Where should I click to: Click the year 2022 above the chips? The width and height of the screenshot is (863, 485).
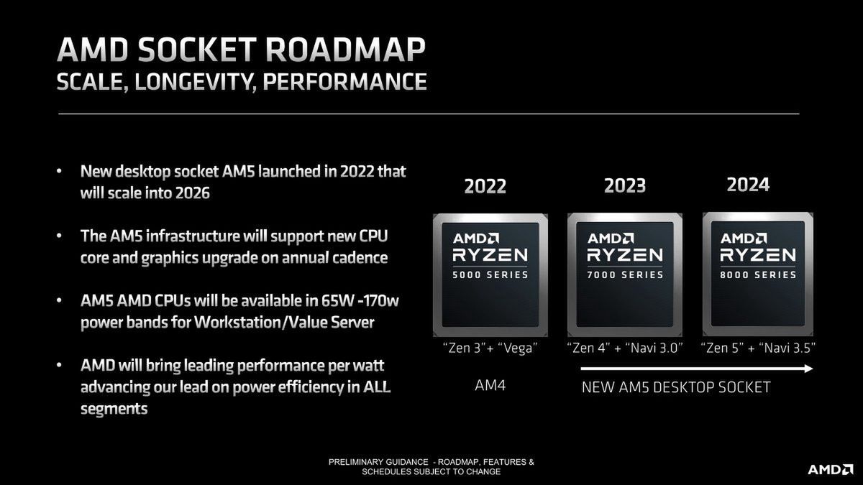click(x=485, y=186)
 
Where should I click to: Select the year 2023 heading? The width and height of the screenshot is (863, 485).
click(x=624, y=185)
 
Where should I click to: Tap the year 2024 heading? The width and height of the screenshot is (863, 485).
click(x=748, y=185)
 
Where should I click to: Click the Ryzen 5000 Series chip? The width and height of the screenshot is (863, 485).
click(x=490, y=274)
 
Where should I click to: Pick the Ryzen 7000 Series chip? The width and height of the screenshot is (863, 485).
click(x=624, y=274)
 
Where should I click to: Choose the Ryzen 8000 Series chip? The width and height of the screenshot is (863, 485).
click(x=758, y=274)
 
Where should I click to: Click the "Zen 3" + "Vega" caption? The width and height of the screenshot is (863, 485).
click(x=490, y=348)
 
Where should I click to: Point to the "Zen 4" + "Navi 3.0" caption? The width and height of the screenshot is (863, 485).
click(x=624, y=348)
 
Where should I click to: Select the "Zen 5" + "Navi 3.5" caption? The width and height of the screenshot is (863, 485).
click(x=758, y=348)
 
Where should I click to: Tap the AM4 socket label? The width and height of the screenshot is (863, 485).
click(x=490, y=385)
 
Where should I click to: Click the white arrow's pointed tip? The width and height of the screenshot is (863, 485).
click(x=812, y=369)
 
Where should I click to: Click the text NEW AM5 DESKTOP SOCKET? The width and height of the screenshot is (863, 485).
click(x=676, y=387)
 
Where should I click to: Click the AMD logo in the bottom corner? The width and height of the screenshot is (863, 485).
click(x=830, y=470)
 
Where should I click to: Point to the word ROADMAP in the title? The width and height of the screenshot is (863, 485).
click(x=346, y=50)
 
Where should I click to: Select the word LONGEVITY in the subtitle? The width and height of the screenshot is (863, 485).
click(x=196, y=82)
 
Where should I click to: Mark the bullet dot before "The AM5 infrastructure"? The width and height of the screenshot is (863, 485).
click(x=59, y=235)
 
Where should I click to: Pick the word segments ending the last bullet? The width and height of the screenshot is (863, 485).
click(x=114, y=409)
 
